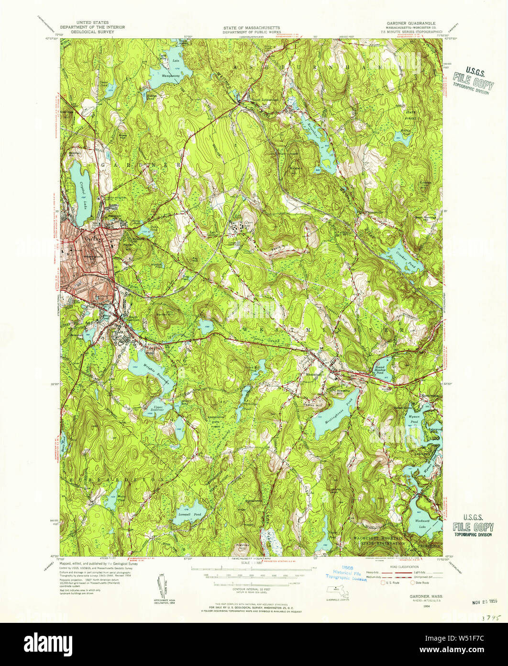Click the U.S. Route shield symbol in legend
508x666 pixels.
click(x=382, y=583)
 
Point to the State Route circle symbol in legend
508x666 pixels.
click(x=413, y=583)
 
